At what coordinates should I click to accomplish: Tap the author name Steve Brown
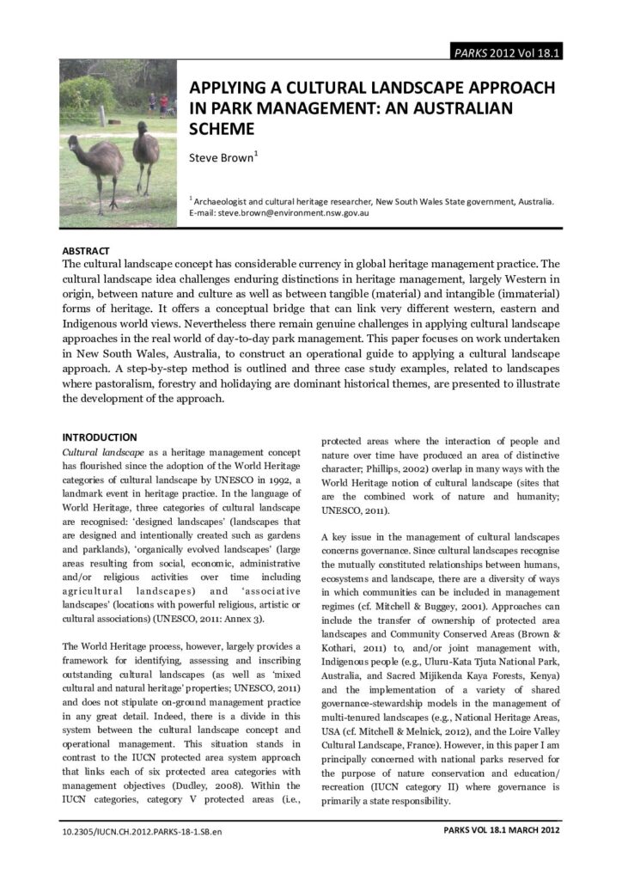click(x=221, y=158)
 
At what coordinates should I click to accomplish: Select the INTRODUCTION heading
click(x=100, y=437)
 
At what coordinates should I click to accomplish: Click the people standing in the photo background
click(x=157, y=105)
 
